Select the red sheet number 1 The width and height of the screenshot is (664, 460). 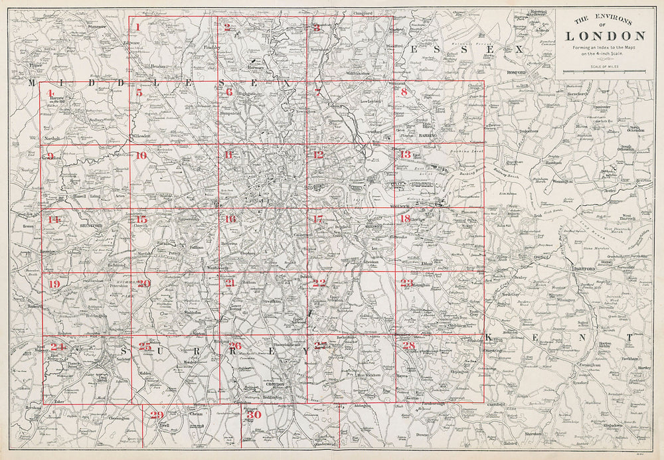137,27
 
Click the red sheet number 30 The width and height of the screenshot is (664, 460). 253,415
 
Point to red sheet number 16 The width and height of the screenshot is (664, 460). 230,220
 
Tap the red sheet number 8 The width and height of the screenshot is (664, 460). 403,92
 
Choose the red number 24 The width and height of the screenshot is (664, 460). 58,346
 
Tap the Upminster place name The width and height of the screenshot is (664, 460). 602,106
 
